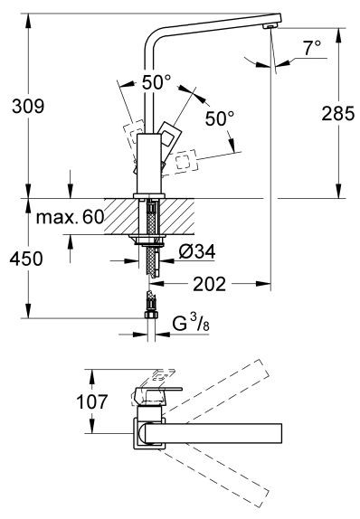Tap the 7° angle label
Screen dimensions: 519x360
pos(311,50)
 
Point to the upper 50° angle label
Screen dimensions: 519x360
pos(155,80)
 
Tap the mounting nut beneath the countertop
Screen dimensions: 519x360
pos(148,240)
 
